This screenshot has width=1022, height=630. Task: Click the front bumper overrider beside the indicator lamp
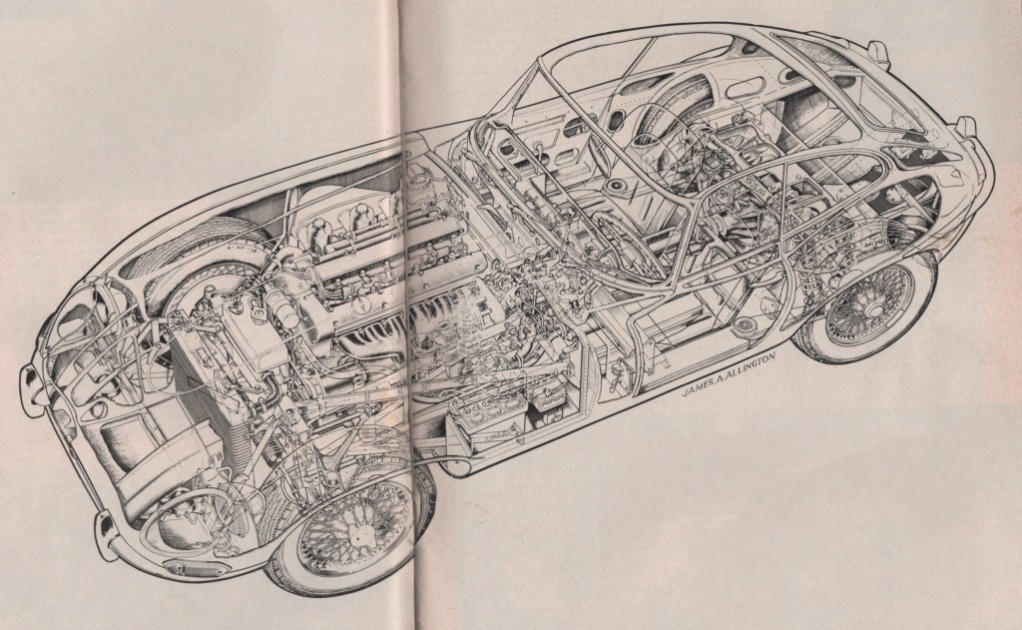coord(103,524)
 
